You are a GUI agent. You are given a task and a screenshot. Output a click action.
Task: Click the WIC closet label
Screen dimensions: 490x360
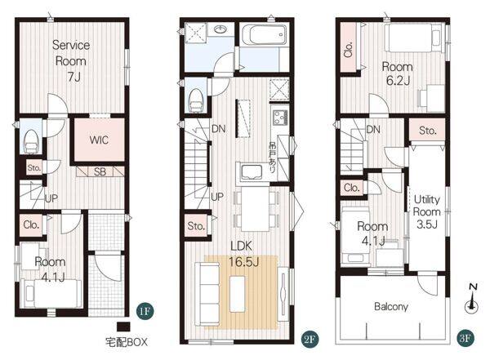[x=99, y=140]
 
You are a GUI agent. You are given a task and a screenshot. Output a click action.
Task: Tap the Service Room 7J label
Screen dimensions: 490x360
[x=71, y=60]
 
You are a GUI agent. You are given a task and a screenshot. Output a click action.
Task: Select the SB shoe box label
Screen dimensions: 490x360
[x=100, y=171]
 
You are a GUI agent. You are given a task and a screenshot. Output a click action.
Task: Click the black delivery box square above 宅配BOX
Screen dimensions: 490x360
[x=123, y=327]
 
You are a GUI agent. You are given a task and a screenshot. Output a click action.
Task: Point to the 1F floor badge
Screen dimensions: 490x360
[x=145, y=311]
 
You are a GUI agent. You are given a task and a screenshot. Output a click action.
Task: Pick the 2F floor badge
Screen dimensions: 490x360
[x=310, y=339]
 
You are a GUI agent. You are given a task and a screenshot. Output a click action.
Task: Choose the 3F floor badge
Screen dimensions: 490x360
[x=465, y=338]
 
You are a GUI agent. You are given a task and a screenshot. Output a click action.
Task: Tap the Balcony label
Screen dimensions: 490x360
[x=391, y=307]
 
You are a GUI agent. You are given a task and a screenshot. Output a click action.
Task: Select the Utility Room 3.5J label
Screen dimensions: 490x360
[x=427, y=211]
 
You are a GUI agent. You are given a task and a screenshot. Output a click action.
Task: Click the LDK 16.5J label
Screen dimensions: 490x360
[x=243, y=253]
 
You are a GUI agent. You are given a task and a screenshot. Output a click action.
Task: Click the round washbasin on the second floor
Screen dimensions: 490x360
[x=221, y=29]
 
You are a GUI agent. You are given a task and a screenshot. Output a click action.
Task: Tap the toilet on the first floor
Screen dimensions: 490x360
[x=31, y=141]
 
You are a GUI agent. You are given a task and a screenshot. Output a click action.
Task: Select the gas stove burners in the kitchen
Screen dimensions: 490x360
[x=280, y=118]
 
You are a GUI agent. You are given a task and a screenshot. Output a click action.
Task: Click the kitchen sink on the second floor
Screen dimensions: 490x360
[x=252, y=171]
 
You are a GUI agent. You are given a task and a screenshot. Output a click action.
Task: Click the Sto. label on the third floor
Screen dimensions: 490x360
[x=427, y=131]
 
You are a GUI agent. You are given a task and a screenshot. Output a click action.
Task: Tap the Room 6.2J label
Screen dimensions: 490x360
[x=398, y=73]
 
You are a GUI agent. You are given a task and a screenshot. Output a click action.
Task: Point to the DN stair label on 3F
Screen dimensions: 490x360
[x=373, y=129]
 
